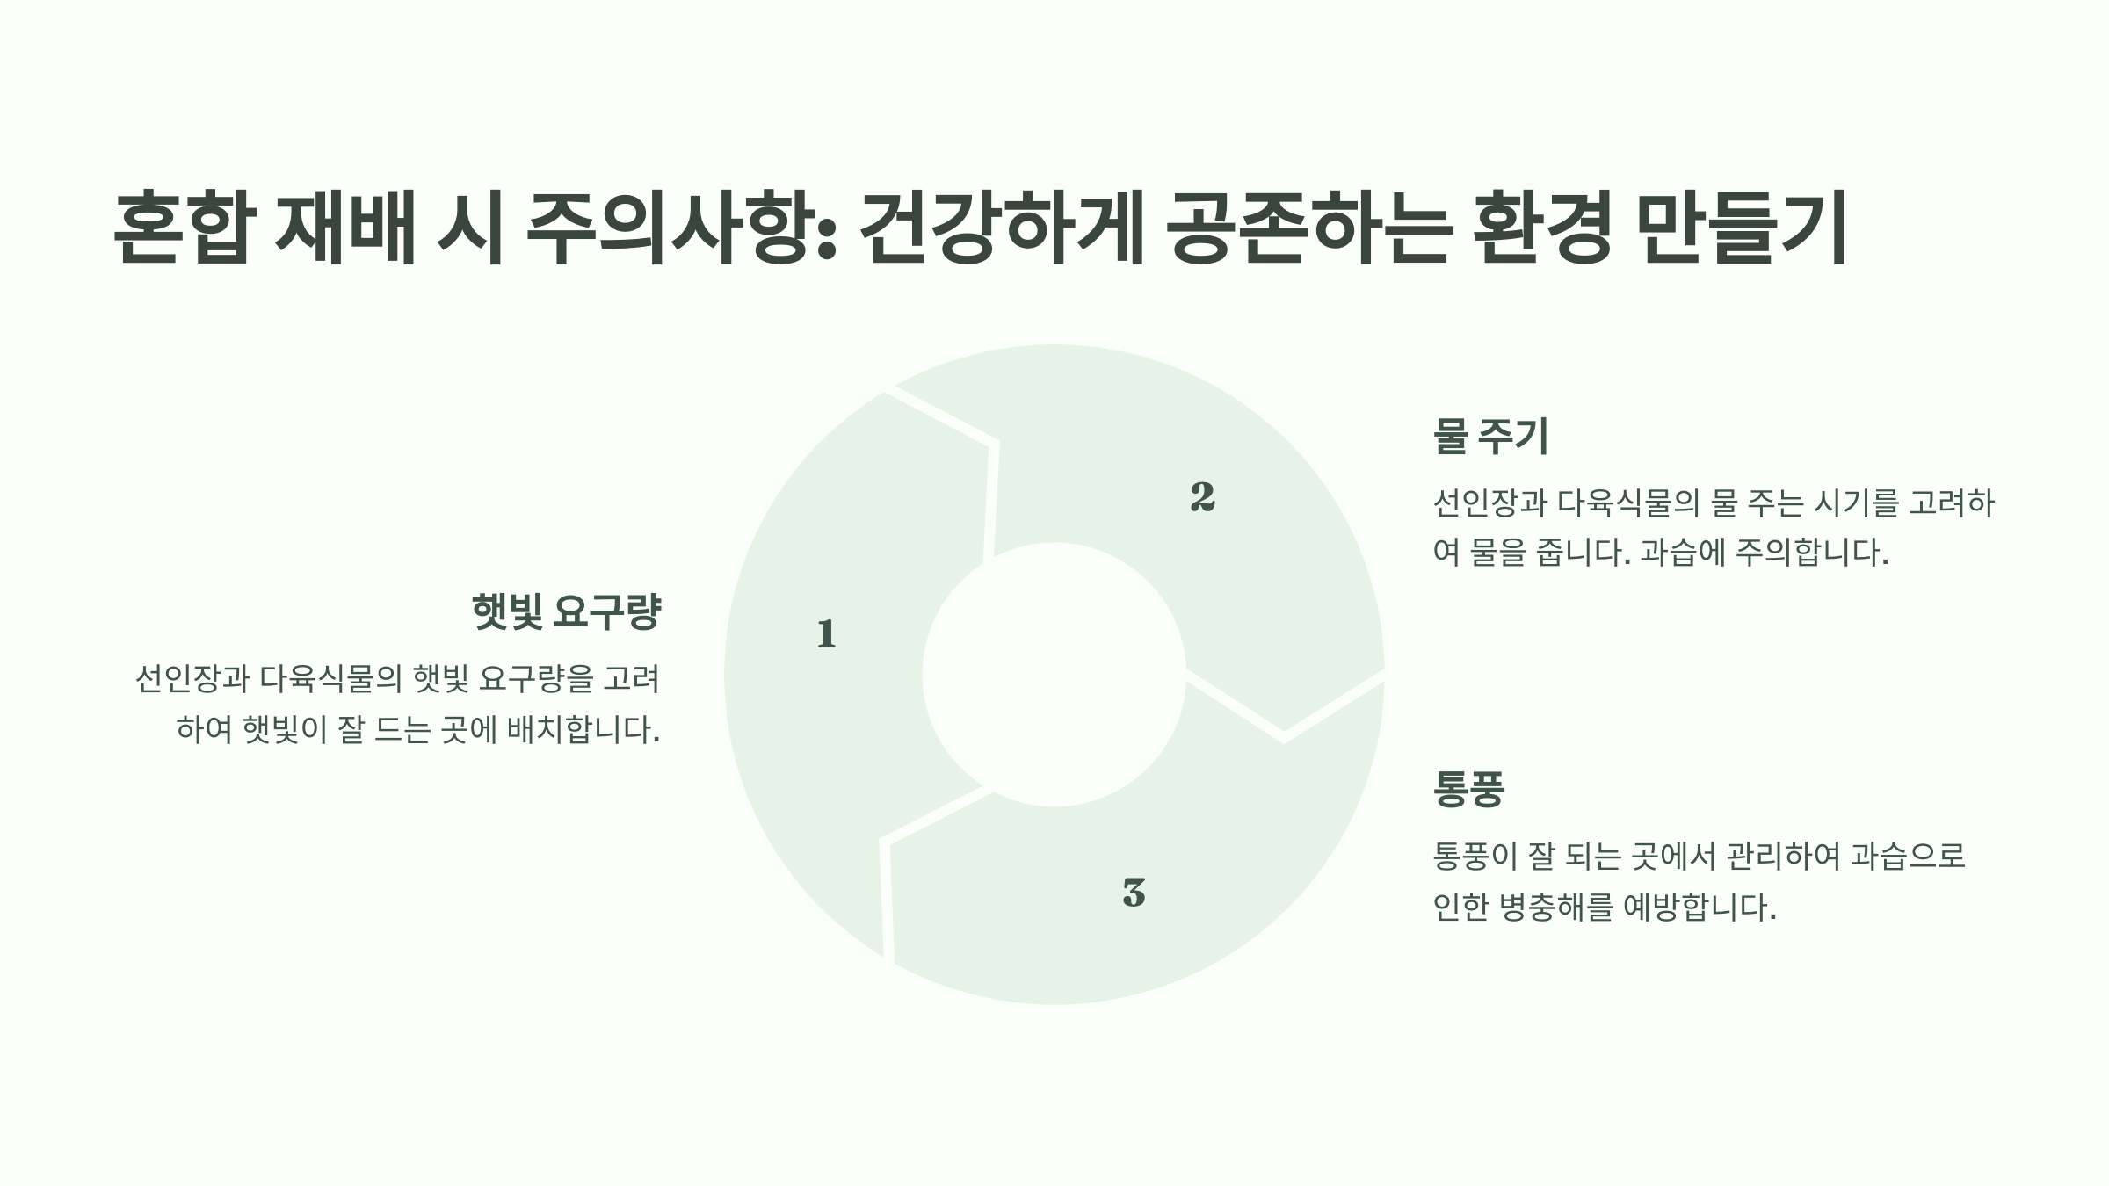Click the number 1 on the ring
(x=826, y=633)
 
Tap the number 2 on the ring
(x=1202, y=497)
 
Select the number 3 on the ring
(x=1134, y=893)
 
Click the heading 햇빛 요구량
(x=566, y=612)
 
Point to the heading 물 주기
(x=1490, y=437)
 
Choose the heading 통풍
(x=1468, y=789)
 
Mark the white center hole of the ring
(x=1054, y=674)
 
